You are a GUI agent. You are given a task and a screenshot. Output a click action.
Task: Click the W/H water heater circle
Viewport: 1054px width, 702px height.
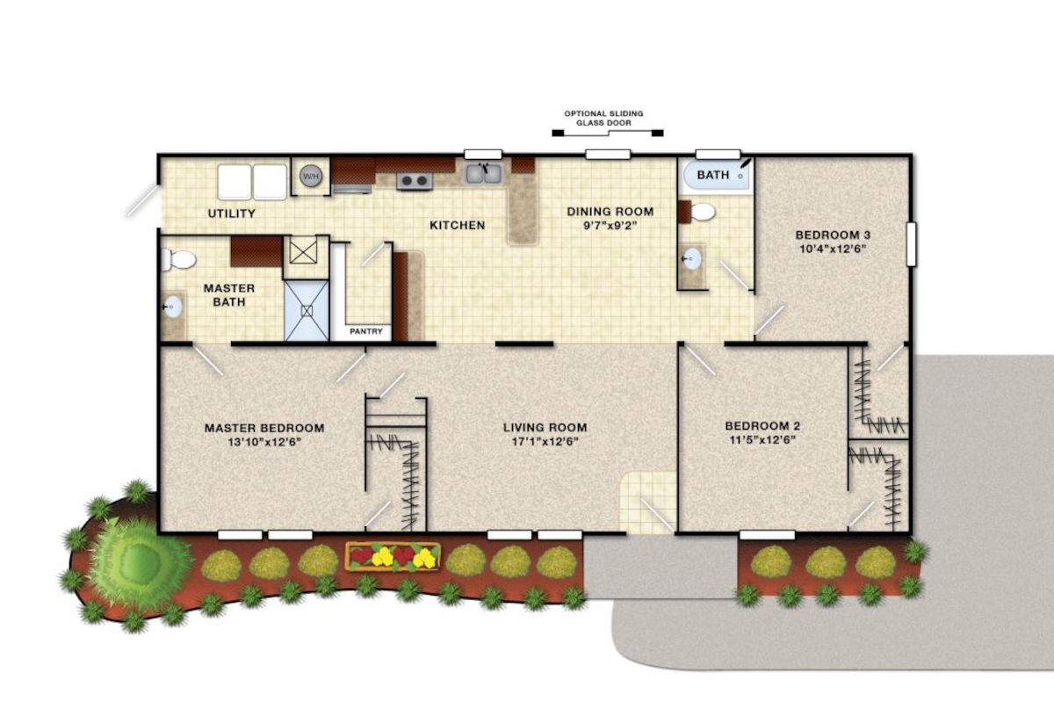(x=311, y=176)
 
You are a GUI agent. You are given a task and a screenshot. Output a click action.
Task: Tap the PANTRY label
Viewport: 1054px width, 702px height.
(x=366, y=331)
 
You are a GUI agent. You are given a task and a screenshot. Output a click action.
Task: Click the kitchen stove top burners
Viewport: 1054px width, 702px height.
(x=415, y=181)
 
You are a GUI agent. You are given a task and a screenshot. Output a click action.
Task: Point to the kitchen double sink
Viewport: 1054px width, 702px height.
(x=484, y=173)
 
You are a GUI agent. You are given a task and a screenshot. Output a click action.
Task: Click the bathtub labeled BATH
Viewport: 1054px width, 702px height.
(x=716, y=175)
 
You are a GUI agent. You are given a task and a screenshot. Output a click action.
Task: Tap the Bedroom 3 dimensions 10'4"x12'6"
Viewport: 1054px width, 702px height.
(x=833, y=249)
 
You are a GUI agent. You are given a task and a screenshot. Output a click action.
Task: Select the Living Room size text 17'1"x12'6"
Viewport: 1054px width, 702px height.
(x=545, y=441)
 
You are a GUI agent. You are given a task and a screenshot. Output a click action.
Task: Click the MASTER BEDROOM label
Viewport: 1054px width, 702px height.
(x=264, y=428)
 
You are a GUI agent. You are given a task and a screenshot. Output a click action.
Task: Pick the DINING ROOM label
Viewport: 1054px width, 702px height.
(x=610, y=212)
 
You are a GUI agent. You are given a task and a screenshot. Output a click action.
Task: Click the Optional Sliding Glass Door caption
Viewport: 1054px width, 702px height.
(x=604, y=119)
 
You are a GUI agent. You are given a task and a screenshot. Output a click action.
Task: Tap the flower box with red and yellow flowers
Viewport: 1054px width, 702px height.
(x=393, y=557)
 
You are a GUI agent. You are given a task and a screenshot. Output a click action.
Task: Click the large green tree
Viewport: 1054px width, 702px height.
(x=138, y=561)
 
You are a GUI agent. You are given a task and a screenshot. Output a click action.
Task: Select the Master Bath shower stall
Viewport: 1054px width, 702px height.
(x=307, y=310)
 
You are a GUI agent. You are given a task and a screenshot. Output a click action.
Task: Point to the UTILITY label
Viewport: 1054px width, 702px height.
(x=232, y=213)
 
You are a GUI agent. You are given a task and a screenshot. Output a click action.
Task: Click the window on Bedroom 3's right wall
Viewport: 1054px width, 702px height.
(x=912, y=244)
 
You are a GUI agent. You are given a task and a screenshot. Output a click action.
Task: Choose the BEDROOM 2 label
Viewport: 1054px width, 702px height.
(x=762, y=426)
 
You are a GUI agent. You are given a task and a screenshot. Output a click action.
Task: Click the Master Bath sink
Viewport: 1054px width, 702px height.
(x=172, y=307)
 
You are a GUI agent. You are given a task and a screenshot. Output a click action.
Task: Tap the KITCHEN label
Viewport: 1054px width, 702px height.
(x=458, y=225)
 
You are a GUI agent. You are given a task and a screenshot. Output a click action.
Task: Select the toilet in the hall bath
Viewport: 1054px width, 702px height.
(x=700, y=212)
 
